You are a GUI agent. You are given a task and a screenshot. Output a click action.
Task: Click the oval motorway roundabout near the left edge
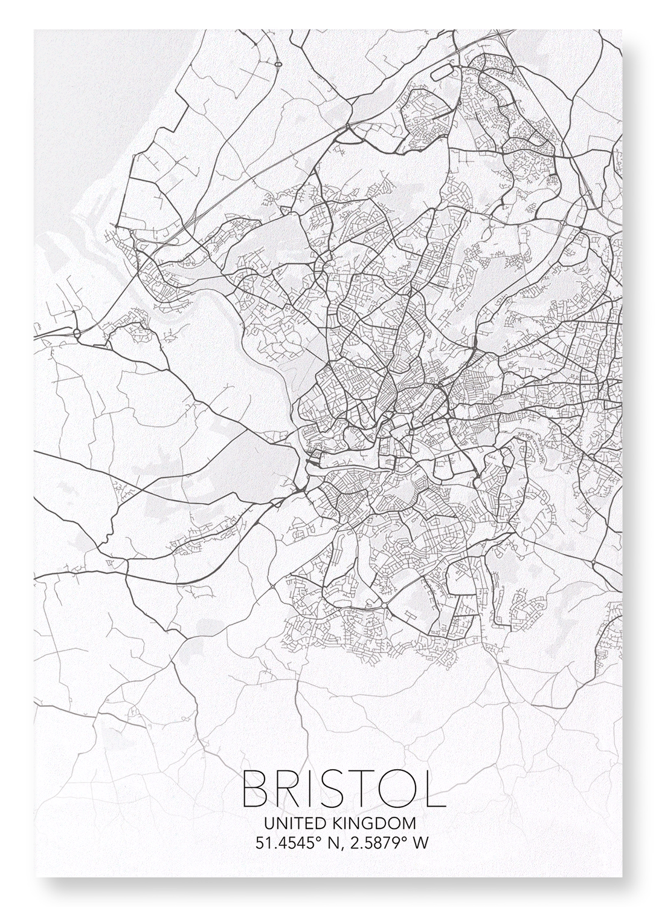(77, 332)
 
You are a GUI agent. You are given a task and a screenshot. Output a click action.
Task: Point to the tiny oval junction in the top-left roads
(278, 63)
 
